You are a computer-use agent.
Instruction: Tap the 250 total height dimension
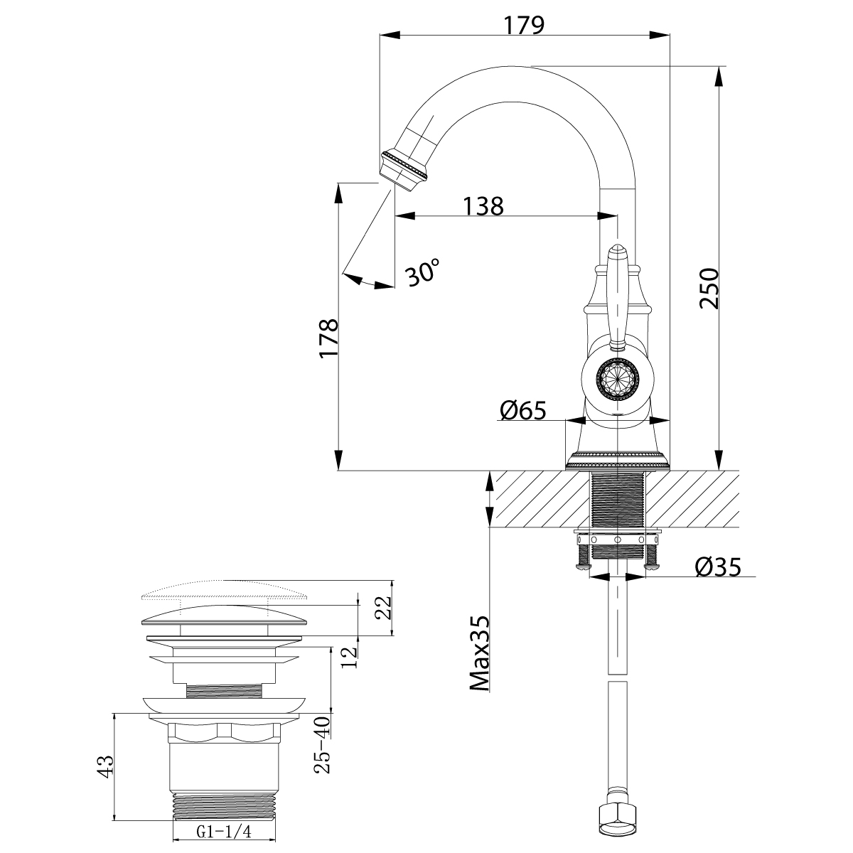click(x=709, y=288)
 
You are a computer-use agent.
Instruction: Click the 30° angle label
click(x=424, y=272)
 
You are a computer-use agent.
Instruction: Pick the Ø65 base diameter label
click(x=522, y=410)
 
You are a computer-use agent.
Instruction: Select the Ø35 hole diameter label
click(x=718, y=567)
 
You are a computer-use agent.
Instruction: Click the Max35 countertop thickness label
click(x=481, y=653)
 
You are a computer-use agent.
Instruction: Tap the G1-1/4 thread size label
click(x=225, y=830)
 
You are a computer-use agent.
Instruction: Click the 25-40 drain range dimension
click(x=323, y=744)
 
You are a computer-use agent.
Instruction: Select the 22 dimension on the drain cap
click(x=383, y=607)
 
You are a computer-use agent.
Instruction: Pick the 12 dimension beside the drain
click(x=348, y=657)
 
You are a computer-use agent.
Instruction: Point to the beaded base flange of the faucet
click(x=617, y=460)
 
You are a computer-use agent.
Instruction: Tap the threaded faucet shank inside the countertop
click(x=617, y=500)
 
